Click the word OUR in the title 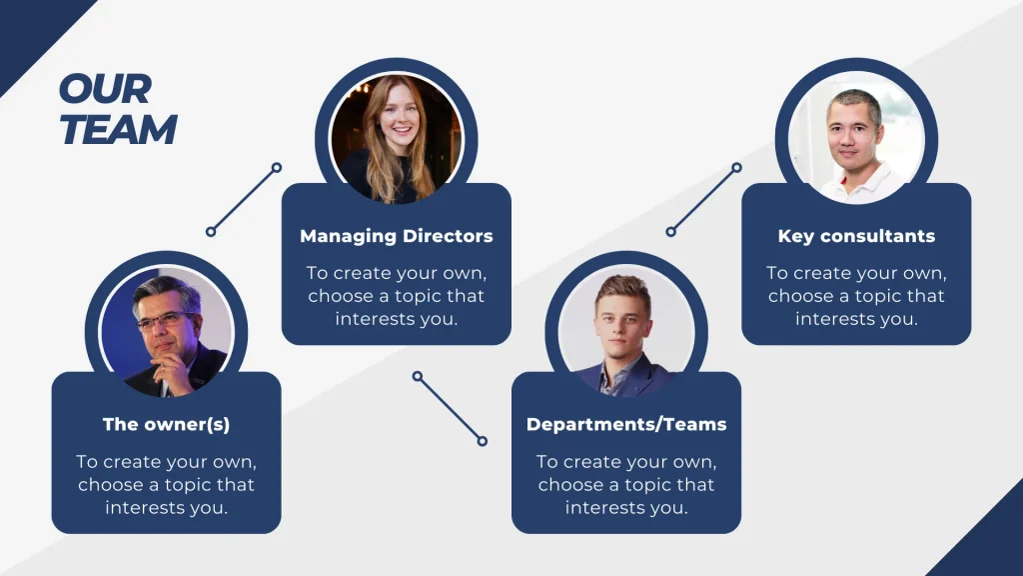click(x=105, y=89)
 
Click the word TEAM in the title click(x=119, y=129)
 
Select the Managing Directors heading click(x=396, y=237)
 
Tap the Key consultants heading click(x=856, y=237)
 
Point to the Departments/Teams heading click(x=626, y=424)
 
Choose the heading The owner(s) click(x=166, y=424)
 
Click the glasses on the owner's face click(x=166, y=320)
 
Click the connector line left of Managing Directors click(x=244, y=199)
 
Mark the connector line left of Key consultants click(x=703, y=199)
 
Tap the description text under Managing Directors click(x=396, y=296)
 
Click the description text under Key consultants click(x=856, y=296)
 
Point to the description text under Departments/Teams click(x=626, y=485)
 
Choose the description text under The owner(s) click(x=166, y=485)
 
